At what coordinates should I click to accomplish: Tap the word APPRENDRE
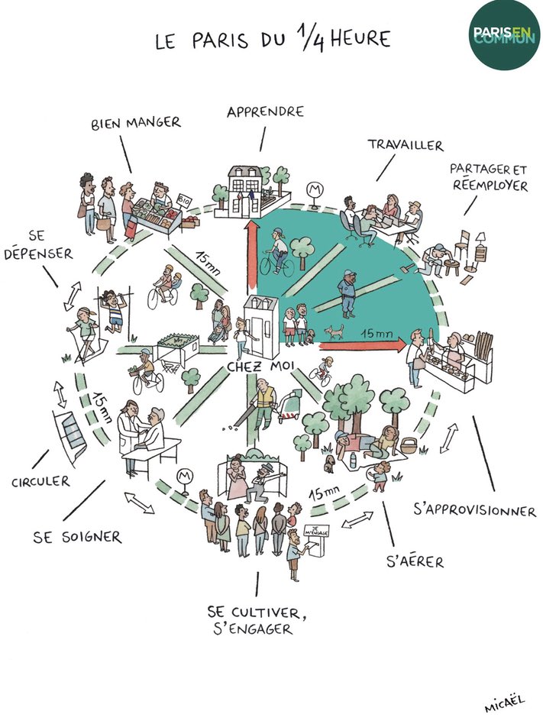click(265, 112)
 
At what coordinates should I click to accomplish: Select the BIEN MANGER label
click(135, 122)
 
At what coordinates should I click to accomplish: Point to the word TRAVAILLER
click(405, 144)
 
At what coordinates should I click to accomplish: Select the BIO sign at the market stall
click(184, 200)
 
